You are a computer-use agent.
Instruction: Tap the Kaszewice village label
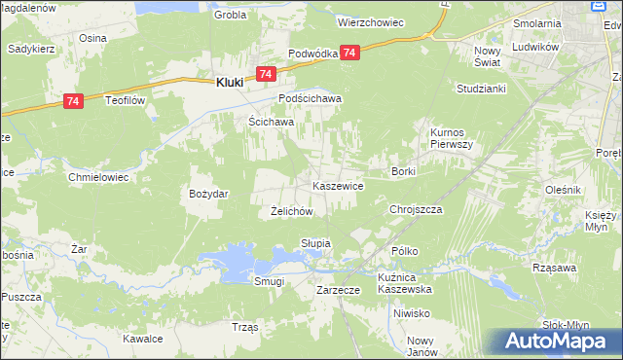pyautogui.click(x=338, y=185)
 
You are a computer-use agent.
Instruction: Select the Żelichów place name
pyautogui.click(x=290, y=211)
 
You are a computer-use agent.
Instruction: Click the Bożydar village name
pyautogui.click(x=208, y=194)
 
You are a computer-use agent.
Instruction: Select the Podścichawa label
pyautogui.click(x=311, y=99)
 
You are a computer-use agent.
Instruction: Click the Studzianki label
pyautogui.click(x=479, y=88)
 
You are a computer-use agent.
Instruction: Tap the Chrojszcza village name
pyautogui.click(x=416, y=209)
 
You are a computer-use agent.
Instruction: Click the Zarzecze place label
pyautogui.click(x=340, y=290)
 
